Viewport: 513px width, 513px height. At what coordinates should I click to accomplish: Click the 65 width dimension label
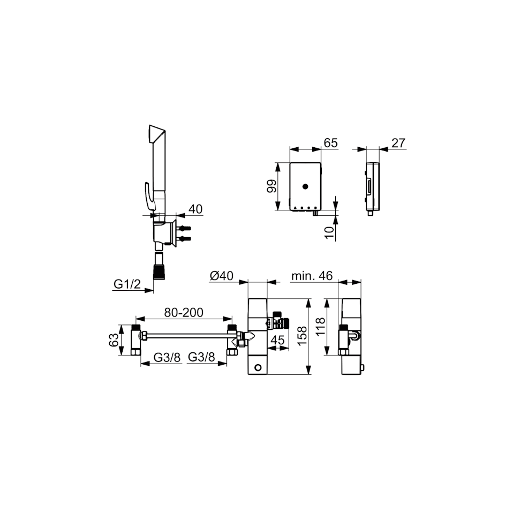click(330, 144)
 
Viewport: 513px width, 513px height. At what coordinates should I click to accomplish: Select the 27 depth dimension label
click(398, 144)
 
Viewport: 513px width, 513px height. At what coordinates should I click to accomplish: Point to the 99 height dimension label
click(271, 186)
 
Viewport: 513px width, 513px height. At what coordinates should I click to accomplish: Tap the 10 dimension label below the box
click(330, 232)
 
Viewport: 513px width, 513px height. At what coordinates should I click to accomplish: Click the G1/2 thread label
click(127, 284)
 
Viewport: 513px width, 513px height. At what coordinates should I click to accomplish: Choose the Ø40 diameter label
click(222, 276)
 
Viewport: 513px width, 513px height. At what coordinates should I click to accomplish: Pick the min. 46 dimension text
click(312, 276)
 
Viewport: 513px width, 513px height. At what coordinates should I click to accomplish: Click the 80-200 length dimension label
click(184, 312)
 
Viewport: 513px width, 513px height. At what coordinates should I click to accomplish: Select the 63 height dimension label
click(114, 340)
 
